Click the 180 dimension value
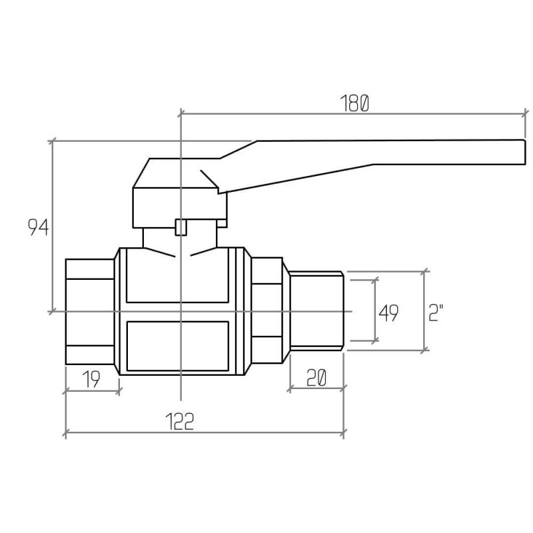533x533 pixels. [x=354, y=103]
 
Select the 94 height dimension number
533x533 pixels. [x=38, y=227]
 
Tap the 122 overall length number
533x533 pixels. [x=180, y=421]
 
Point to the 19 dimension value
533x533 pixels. [x=91, y=379]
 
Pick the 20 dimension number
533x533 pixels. [x=316, y=378]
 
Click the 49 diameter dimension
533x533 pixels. [x=388, y=313]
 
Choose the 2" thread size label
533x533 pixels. [x=436, y=313]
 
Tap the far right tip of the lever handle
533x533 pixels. [x=525, y=153]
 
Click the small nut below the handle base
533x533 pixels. [x=181, y=227]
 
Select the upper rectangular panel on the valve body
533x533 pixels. [x=177, y=275]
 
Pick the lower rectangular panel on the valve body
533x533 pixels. [x=177, y=346]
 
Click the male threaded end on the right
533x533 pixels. [x=316, y=310]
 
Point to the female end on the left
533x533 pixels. [x=90, y=311]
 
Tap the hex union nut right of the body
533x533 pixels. [x=267, y=310]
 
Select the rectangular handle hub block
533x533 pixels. [x=179, y=207]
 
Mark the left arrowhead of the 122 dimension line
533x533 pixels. [x=65, y=433]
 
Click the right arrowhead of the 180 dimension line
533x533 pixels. [x=525, y=113]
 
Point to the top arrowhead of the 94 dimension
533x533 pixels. [x=52, y=141]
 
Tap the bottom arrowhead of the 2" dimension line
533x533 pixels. [x=424, y=350]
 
